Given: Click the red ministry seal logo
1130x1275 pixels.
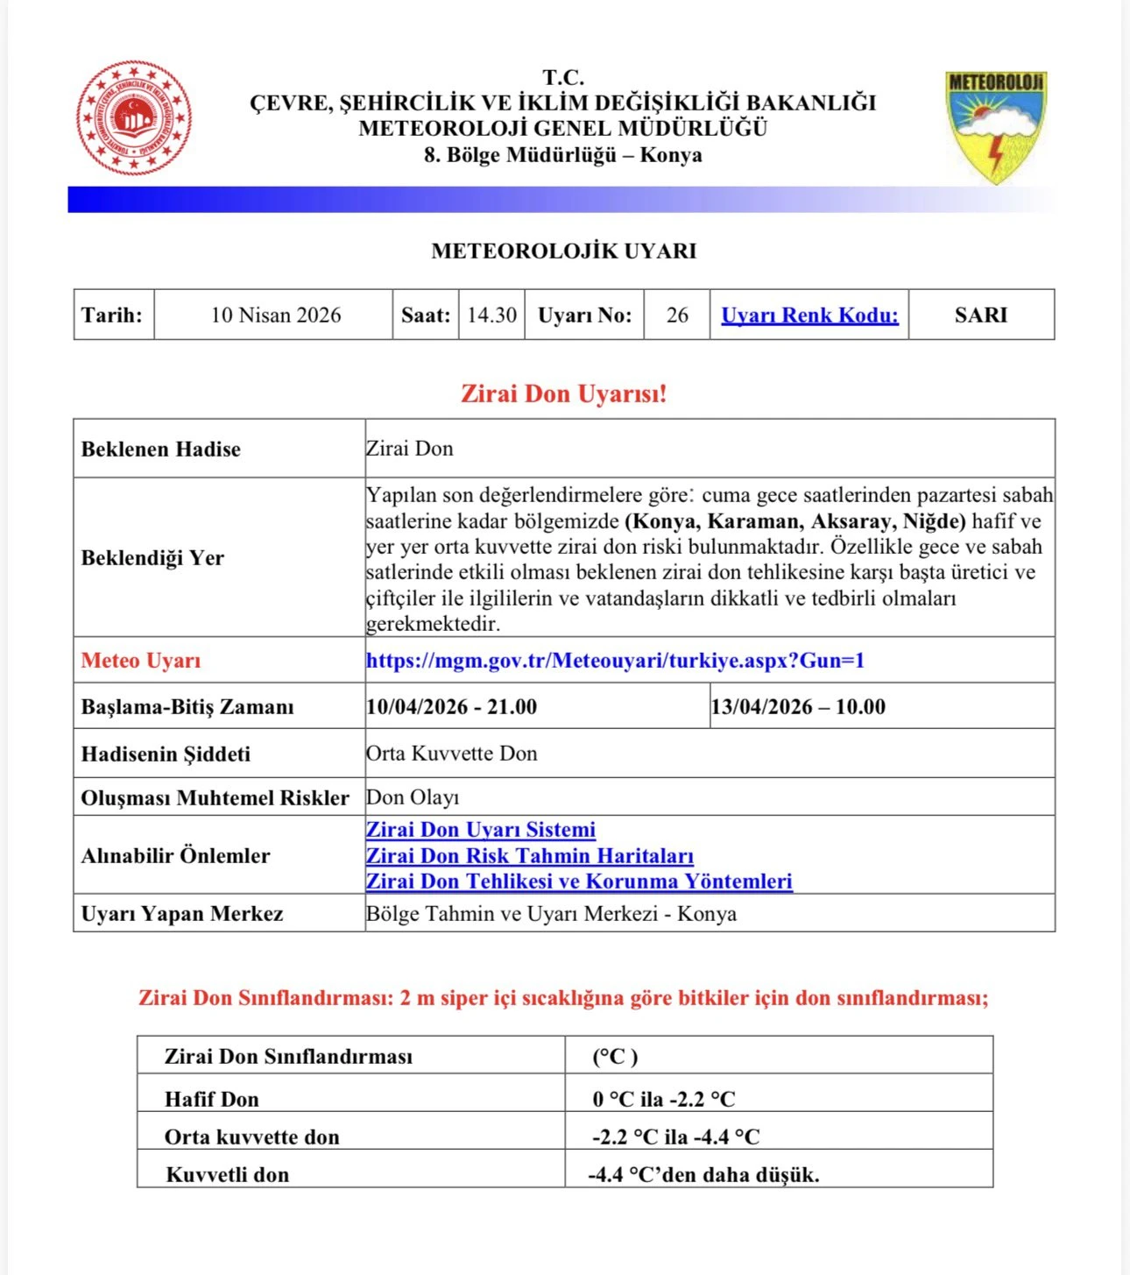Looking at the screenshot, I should (x=134, y=117).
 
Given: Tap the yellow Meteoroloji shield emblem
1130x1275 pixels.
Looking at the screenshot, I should (x=996, y=126).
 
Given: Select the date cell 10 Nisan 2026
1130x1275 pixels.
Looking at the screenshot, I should (x=275, y=315).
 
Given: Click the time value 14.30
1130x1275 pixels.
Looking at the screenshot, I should (x=491, y=315).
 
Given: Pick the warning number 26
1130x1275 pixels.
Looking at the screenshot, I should (x=677, y=315).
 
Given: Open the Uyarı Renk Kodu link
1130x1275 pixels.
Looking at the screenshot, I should (x=809, y=315).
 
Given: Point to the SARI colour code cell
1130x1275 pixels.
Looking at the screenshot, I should (x=980, y=315).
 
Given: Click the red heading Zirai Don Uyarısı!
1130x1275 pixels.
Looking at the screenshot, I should (x=563, y=393).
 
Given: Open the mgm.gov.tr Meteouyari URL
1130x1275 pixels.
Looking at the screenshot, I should (x=615, y=661).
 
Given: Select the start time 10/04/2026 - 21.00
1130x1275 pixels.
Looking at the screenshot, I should (x=451, y=707).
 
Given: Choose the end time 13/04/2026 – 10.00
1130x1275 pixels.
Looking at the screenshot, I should (x=798, y=707).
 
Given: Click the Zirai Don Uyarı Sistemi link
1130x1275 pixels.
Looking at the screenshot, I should (x=481, y=830).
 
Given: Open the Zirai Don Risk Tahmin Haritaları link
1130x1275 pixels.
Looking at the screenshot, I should (x=530, y=856).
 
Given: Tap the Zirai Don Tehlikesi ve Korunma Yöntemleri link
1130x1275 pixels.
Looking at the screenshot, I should (x=579, y=882).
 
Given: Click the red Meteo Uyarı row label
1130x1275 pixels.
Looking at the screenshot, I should (x=141, y=661).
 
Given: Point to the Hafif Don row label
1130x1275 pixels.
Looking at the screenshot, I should (x=212, y=1099).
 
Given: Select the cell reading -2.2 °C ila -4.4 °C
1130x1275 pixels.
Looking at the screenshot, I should (x=675, y=1137).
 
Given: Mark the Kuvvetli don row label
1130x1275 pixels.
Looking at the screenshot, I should (x=228, y=1175).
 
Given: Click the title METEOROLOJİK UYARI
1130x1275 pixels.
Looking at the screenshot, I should (x=563, y=251).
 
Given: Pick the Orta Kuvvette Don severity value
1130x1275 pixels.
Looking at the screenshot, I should (x=452, y=754).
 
